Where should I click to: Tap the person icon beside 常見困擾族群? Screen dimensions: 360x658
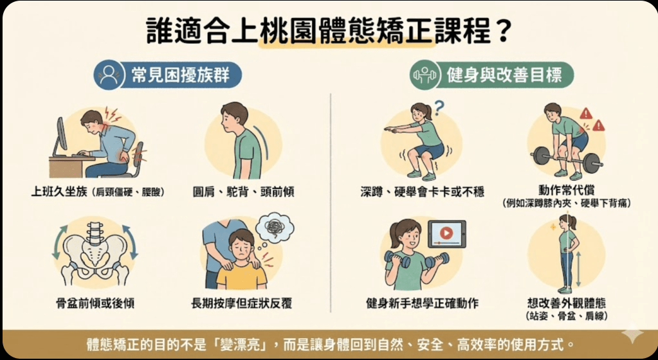coord(110,75)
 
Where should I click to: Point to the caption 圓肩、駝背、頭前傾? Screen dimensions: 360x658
coord(243,192)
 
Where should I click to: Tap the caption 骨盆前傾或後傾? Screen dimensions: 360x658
coord(95,303)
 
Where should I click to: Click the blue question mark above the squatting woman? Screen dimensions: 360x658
coord(439,107)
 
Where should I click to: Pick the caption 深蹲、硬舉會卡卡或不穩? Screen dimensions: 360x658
coord(422,192)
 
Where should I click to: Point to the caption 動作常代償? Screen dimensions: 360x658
coord(565,190)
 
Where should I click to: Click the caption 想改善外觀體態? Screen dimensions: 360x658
coord(565,302)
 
